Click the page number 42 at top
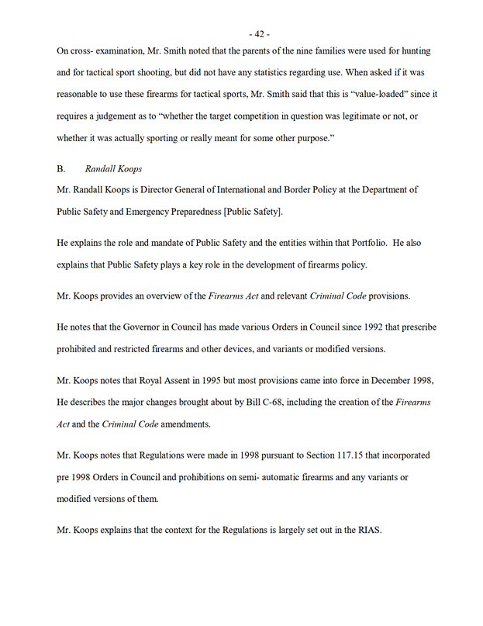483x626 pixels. (259, 33)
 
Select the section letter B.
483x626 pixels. (61, 168)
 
